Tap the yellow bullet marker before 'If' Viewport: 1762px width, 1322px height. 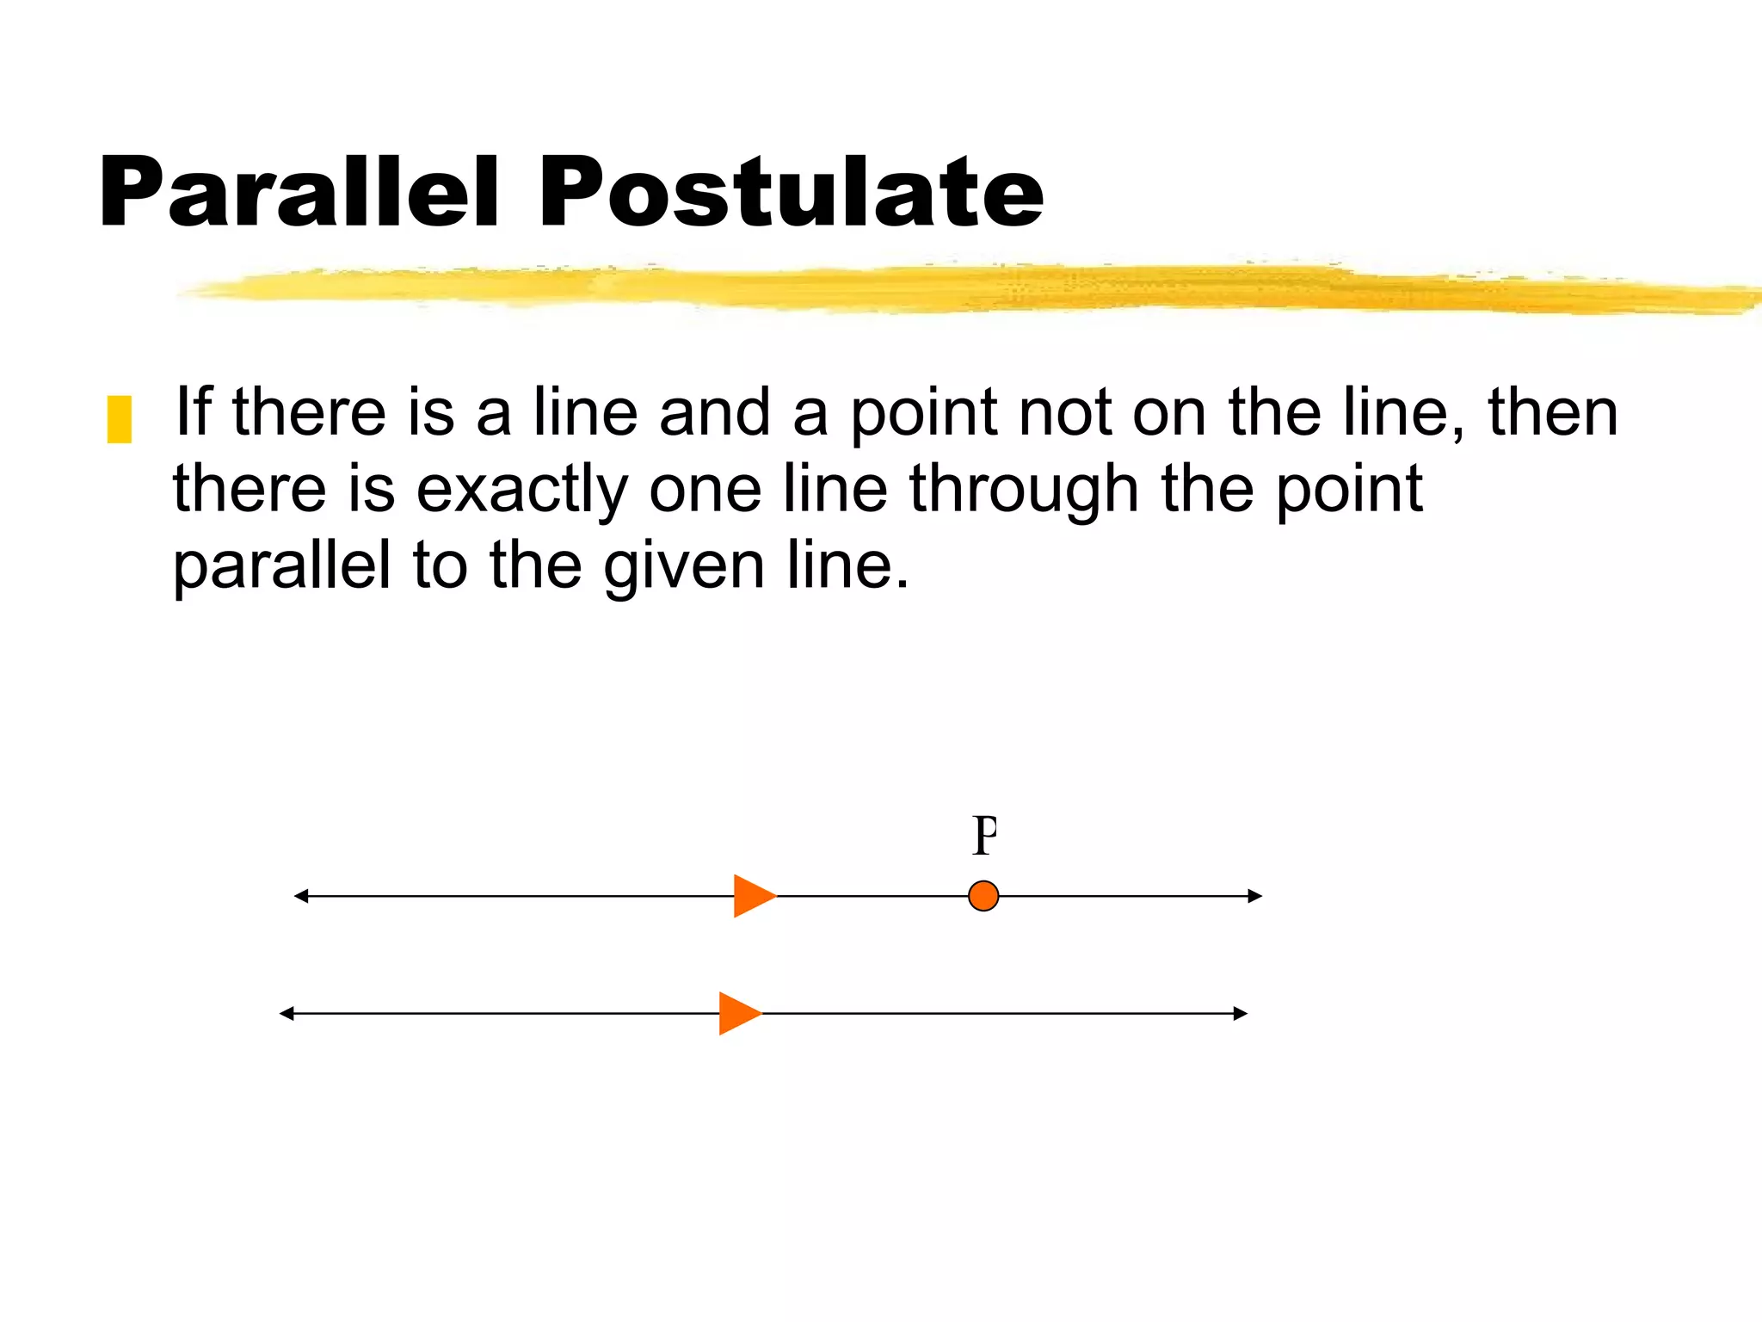119,419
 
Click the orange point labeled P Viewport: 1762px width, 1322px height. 983,896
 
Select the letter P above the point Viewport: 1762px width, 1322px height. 984,836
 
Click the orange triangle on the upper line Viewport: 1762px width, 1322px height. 753,896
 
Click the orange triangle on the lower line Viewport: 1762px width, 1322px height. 738,1014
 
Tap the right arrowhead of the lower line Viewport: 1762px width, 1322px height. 1241,1014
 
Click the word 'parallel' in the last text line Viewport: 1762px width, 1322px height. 282,566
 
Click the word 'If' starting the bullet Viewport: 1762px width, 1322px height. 193,411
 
